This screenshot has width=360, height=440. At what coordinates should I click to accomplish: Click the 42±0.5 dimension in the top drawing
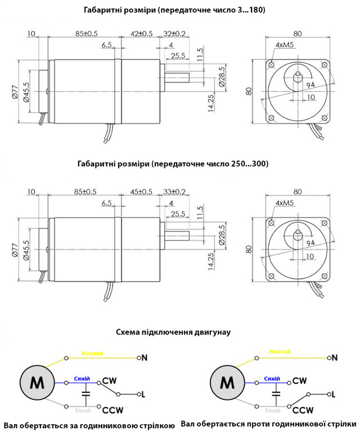[x=141, y=33]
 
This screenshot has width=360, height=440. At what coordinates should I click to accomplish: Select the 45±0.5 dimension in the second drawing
[x=141, y=192]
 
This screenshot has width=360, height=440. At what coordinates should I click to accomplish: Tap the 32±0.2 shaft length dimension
[x=174, y=33]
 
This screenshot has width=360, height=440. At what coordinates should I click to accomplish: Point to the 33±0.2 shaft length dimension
[x=174, y=192]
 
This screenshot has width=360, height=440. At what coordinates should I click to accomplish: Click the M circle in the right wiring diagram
[x=227, y=383]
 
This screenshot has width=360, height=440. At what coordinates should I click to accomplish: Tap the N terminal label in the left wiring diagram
[x=145, y=357]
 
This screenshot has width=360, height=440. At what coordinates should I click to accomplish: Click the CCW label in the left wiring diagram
[x=112, y=410]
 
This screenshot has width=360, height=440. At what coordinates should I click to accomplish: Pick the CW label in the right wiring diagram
[x=300, y=381]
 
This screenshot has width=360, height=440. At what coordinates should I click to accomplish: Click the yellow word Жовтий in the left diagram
[x=92, y=353]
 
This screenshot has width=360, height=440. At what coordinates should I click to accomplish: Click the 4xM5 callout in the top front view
[x=284, y=44]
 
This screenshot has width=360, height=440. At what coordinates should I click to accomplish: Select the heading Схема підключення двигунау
[x=174, y=332]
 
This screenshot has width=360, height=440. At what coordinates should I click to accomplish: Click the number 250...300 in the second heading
[x=247, y=164]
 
